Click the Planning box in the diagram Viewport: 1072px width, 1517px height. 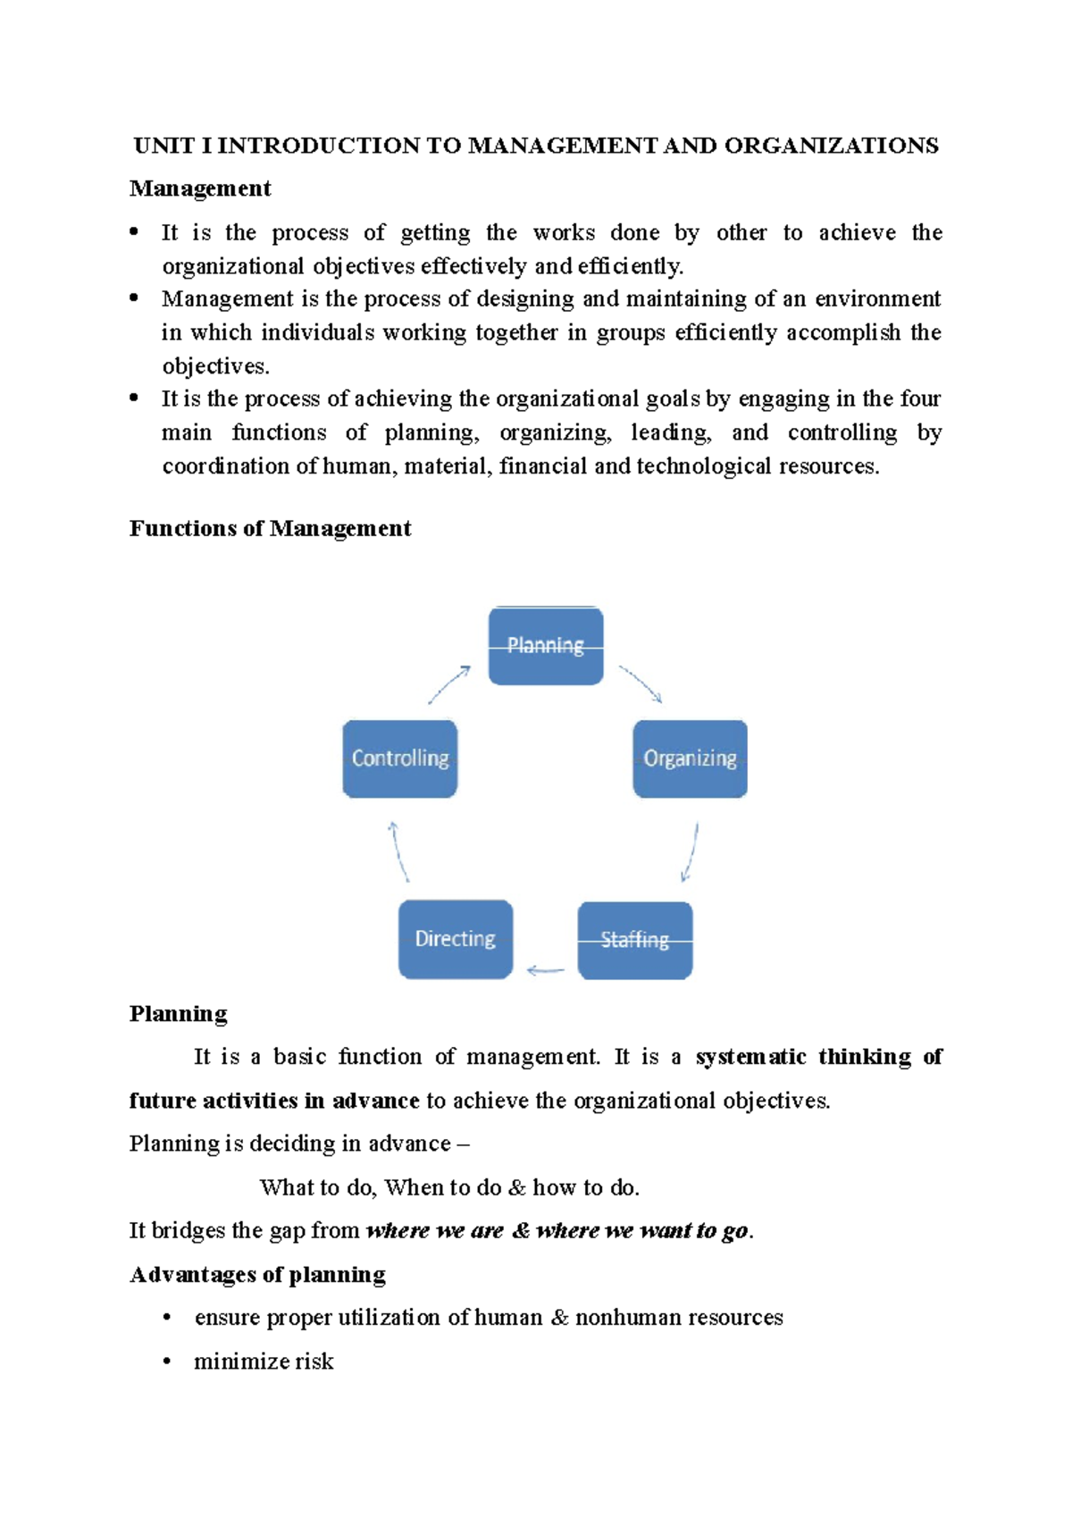pyautogui.click(x=546, y=646)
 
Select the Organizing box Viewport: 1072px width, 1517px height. pyautogui.click(x=690, y=758)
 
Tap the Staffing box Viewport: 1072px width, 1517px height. pyautogui.click(x=635, y=940)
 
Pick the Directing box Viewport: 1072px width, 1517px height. pyautogui.click(x=456, y=939)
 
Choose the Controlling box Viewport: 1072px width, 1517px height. pyautogui.click(x=400, y=758)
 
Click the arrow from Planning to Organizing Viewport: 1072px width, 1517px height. pyautogui.click(x=641, y=684)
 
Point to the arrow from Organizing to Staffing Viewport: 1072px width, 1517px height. pyautogui.click(x=690, y=852)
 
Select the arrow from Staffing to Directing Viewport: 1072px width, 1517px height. pyautogui.click(x=546, y=970)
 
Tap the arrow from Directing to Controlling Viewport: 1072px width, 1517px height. pyautogui.click(x=398, y=852)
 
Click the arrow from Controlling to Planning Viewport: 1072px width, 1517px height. pyautogui.click(x=449, y=684)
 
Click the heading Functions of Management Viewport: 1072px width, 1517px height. pyautogui.click(x=270, y=529)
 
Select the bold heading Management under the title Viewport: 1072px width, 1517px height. pyautogui.click(x=200, y=189)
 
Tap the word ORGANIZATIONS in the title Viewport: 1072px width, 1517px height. pyautogui.click(x=831, y=146)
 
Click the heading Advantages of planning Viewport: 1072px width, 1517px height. pyautogui.click(x=257, y=1274)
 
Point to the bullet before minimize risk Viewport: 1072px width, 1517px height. pyautogui.click(x=167, y=1362)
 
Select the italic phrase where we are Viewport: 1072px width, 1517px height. pyautogui.click(x=435, y=1231)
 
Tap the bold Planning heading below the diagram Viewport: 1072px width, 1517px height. pyautogui.click(x=178, y=1014)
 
